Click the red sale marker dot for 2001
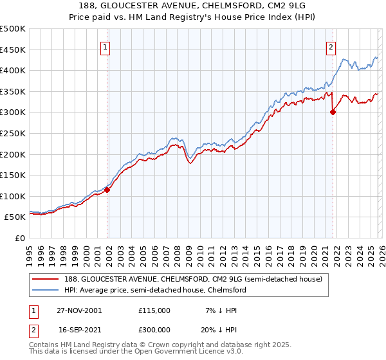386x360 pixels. coord(107,190)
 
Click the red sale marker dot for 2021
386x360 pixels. coord(333,112)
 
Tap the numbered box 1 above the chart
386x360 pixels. coord(105,46)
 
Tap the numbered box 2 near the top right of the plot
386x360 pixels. coord(331,46)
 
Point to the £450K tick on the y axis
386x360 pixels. coord(13,50)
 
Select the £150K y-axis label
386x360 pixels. coord(13,175)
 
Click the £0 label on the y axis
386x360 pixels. coord(21,238)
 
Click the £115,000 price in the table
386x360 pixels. coord(154,310)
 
